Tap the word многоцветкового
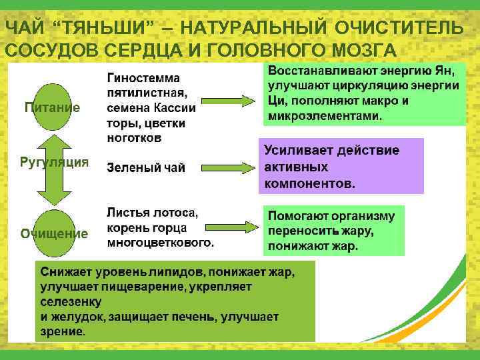tap(160, 242)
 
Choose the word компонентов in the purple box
tap(310, 182)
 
